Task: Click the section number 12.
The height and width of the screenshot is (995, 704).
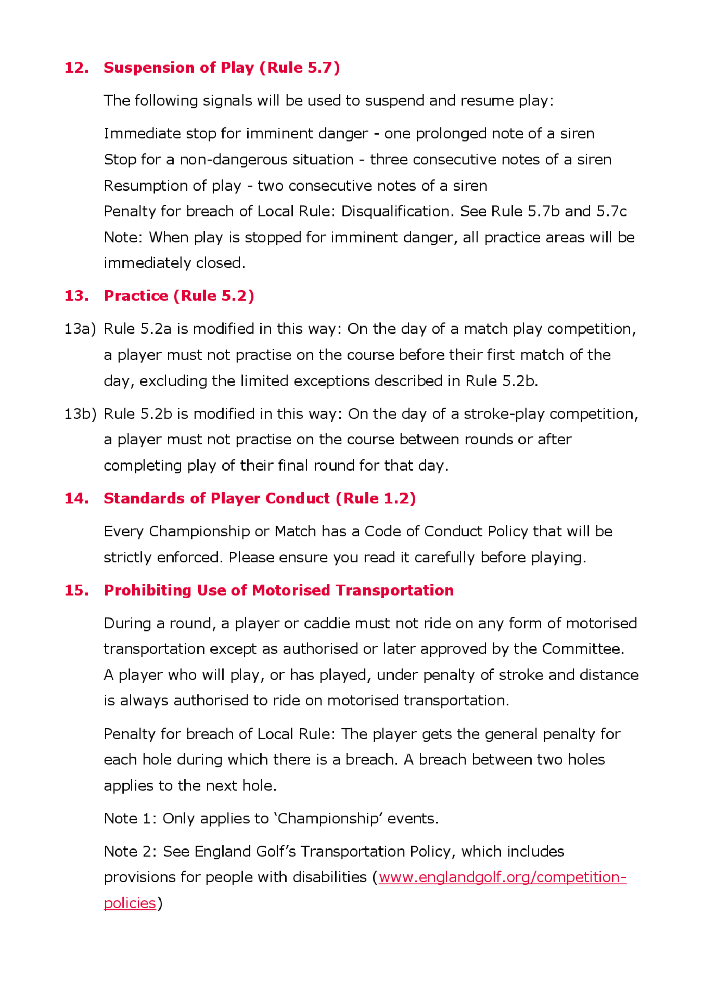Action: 76,68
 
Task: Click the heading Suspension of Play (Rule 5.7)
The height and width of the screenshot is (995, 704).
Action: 221,68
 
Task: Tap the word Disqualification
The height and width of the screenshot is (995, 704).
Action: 395,211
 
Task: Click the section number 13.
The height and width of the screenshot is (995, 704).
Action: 76,296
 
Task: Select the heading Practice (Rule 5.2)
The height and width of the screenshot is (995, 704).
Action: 178,296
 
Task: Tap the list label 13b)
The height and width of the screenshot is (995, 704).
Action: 80,414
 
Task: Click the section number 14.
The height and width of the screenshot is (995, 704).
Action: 76,498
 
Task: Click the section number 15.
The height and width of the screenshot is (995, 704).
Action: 76,590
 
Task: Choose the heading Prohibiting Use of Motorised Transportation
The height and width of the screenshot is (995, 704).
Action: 279,590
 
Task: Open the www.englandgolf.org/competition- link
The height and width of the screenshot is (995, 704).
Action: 502,877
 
